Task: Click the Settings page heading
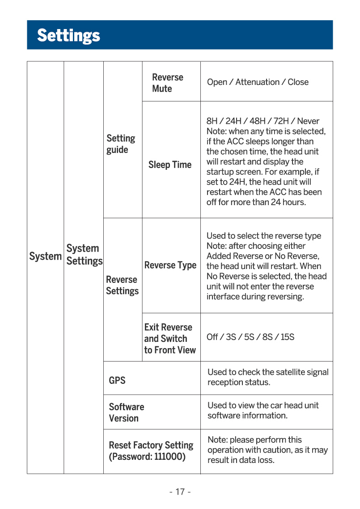point(68,35)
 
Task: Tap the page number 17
point(180,492)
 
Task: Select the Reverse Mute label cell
point(168,83)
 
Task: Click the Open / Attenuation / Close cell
point(258,82)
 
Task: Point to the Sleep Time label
point(170,165)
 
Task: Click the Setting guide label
point(121,144)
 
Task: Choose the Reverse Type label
point(170,265)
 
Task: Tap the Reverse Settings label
point(122,285)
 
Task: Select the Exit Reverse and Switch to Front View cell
point(170,339)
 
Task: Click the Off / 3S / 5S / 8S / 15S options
point(250,337)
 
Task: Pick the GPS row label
point(117,381)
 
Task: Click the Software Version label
point(127,412)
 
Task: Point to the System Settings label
point(84,255)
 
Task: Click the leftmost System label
point(45,257)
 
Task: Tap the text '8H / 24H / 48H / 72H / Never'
point(263,121)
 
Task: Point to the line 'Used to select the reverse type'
point(264,236)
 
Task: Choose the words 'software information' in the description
point(247,416)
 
